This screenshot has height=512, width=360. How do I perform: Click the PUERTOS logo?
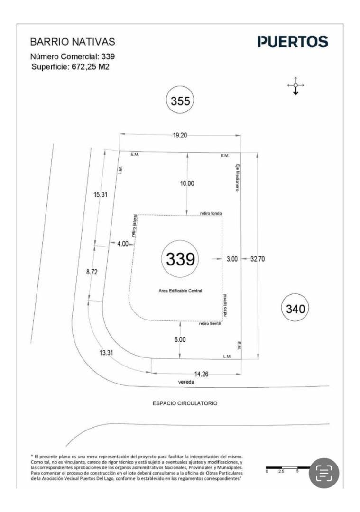(293, 42)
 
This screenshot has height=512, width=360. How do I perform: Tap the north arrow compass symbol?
(295, 86)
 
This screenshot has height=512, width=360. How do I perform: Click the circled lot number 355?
(180, 101)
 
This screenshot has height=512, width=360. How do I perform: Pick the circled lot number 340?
(295, 309)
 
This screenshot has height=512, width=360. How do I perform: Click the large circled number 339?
(180, 259)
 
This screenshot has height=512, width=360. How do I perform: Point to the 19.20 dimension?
(180, 135)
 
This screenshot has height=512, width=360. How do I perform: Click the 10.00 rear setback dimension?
(188, 184)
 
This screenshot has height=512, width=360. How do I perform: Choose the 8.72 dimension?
(92, 273)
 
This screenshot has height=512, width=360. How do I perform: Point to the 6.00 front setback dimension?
(180, 339)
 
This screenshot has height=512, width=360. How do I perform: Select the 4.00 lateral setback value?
(122, 244)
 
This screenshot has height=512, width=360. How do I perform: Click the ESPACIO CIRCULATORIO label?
(185, 404)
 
